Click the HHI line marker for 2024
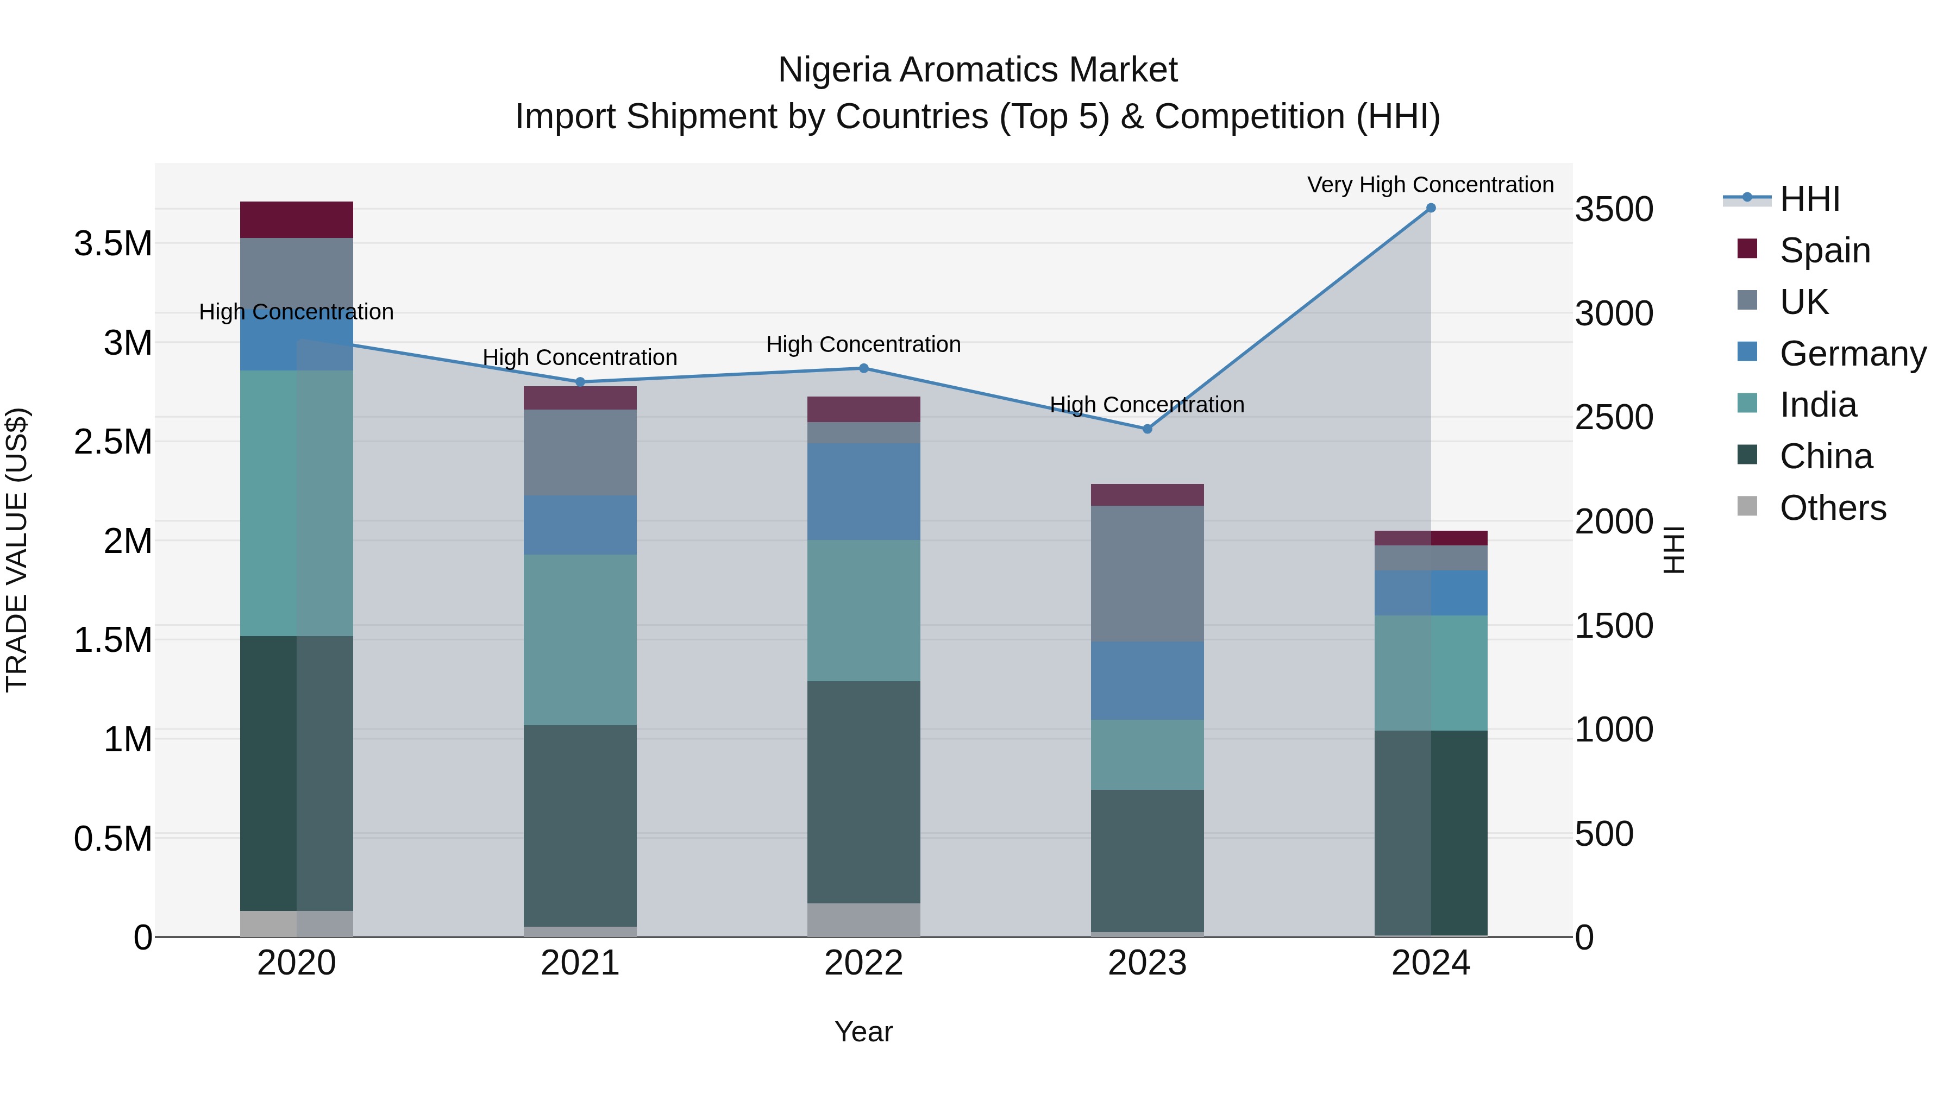[x=1431, y=208]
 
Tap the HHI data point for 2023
[x=1148, y=429]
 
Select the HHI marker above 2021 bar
[x=580, y=382]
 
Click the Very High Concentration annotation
[x=1430, y=185]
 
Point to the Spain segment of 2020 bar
[x=296, y=220]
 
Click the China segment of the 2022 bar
[x=863, y=792]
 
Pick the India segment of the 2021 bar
[x=580, y=639]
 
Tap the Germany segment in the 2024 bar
[x=1431, y=592]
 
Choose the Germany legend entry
[x=1853, y=354]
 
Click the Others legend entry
[x=1832, y=508]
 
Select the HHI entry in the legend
[x=1809, y=199]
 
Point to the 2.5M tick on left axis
[x=112, y=442]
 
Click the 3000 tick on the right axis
[x=1614, y=313]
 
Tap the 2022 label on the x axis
[x=863, y=963]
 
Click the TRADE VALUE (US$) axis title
[x=17, y=550]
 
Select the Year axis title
[x=863, y=1032]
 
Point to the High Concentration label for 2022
[x=863, y=344]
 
